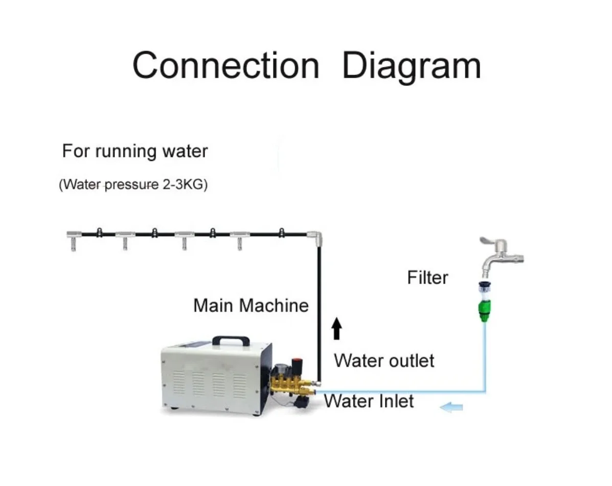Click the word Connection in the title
(226, 65)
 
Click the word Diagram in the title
(412, 67)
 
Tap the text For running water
(135, 151)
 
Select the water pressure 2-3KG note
(133, 184)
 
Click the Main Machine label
(251, 306)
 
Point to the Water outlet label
(384, 361)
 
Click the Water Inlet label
(369, 401)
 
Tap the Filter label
(427, 277)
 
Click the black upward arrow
(337, 329)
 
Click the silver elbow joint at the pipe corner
(315, 238)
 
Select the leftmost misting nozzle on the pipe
(74, 240)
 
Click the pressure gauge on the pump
(280, 369)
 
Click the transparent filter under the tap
(485, 290)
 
